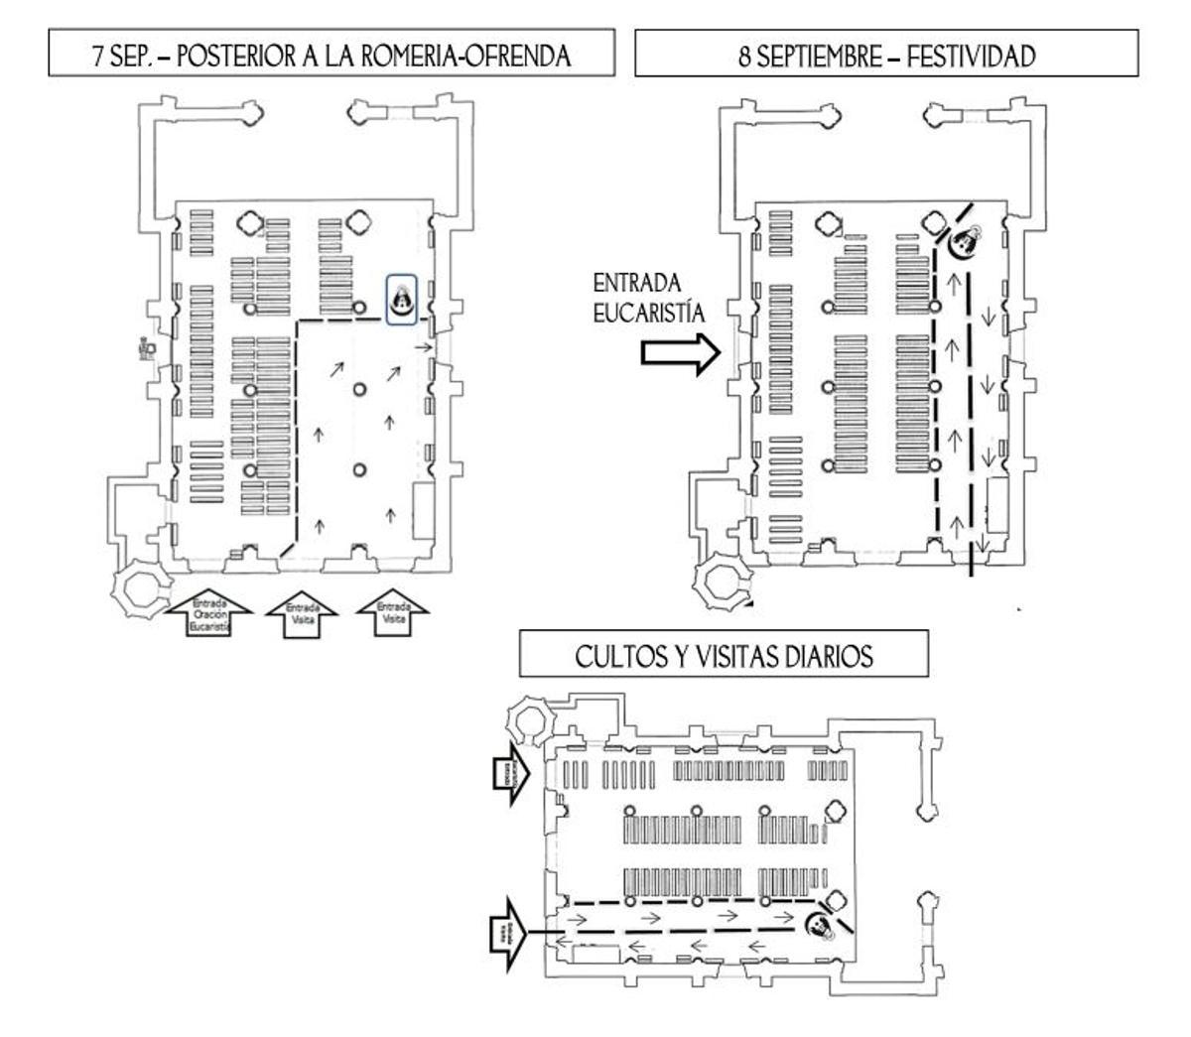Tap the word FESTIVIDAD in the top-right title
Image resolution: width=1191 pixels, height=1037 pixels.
(975, 56)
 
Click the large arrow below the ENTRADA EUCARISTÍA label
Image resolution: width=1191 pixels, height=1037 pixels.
(679, 353)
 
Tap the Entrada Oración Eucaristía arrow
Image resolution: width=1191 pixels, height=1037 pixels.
(209, 614)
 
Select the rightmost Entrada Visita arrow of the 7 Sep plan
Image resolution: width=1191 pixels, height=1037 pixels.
(392, 612)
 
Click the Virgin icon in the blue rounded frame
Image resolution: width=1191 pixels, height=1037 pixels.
(402, 297)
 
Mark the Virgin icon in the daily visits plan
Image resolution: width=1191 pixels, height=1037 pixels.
(821, 925)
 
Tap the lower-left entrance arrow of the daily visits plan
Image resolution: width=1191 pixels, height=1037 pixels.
(507, 931)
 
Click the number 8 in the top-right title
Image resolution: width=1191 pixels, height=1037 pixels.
(744, 56)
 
